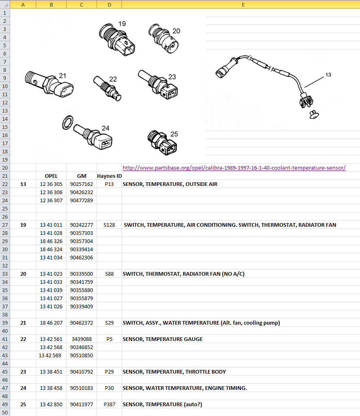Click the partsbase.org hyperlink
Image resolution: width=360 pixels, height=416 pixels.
pos(234,168)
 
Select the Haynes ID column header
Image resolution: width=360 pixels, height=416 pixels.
pos(109,176)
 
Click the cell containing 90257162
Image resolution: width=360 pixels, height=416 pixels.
pos(82,184)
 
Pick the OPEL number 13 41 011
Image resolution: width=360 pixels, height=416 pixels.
pos(51,225)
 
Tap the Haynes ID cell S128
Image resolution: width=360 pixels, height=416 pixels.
pos(109,225)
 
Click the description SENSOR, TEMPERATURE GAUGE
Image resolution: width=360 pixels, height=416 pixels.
pos(163,339)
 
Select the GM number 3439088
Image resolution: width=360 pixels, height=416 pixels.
pos(82,339)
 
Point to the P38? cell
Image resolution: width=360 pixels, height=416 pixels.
pos(109,404)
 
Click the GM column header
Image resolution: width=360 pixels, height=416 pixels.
pos(82,176)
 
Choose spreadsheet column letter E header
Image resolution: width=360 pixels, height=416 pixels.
pos(243,4)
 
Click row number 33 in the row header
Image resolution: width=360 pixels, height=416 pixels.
pos(5,274)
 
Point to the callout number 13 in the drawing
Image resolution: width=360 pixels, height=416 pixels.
pos(328,75)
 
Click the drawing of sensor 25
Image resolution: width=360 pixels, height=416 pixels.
pos(162,143)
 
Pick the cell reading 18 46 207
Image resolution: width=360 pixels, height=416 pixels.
pos(51,323)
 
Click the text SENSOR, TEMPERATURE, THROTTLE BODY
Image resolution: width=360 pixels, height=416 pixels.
pos(174,372)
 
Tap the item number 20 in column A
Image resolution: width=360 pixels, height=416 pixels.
pos(23,274)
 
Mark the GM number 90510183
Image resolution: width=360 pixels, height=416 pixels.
pos(82,388)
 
